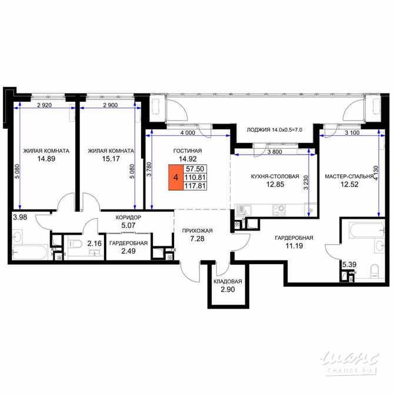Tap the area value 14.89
[x=46, y=159]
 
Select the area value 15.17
[x=111, y=159]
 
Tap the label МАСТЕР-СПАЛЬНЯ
[x=349, y=176]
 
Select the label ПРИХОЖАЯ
[x=197, y=231]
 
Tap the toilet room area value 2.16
[x=94, y=242]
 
